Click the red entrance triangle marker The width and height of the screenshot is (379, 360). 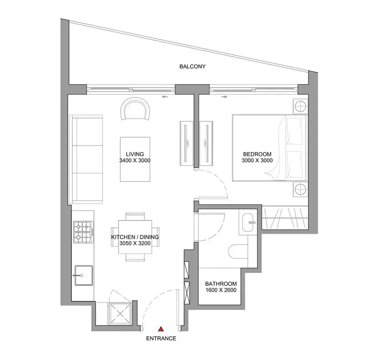point(161,328)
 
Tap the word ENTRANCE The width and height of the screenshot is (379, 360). point(161,339)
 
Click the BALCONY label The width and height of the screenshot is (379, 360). point(192,66)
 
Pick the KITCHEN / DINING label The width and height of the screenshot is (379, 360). point(135,237)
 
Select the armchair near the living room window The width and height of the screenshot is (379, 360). point(135,109)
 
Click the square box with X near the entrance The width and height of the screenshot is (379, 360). point(118,312)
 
